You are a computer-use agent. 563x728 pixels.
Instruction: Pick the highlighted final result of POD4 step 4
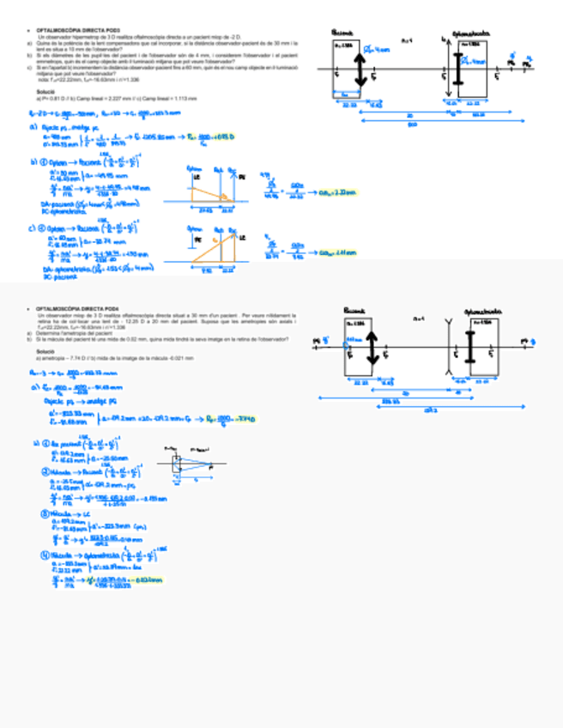coord(148,581)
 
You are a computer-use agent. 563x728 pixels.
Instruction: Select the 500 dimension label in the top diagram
coord(413,123)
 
